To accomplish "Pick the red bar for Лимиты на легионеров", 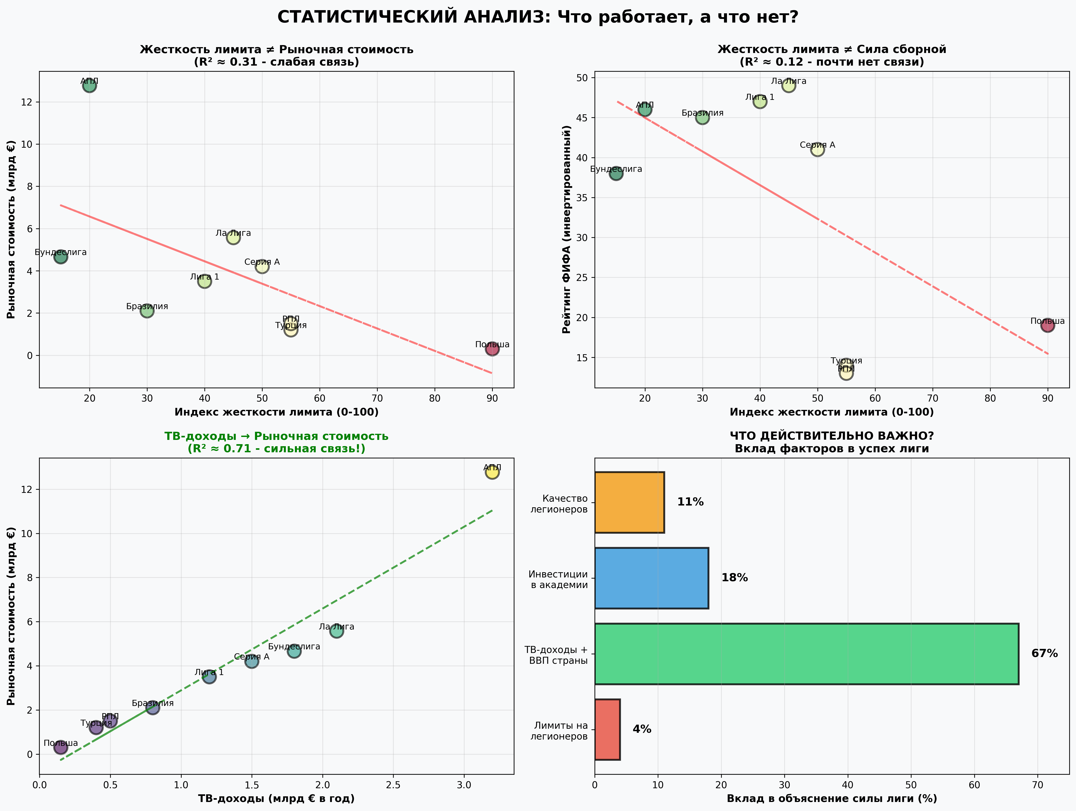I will tap(607, 729).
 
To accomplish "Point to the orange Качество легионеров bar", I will tap(629, 502).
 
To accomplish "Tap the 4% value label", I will tap(642, 729).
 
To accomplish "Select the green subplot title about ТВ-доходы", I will tap(276, 442).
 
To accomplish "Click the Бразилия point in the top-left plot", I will tap(147, 311).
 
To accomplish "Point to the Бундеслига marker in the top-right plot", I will tap(616, 173).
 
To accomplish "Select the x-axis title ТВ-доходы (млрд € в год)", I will tap(276, 798).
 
